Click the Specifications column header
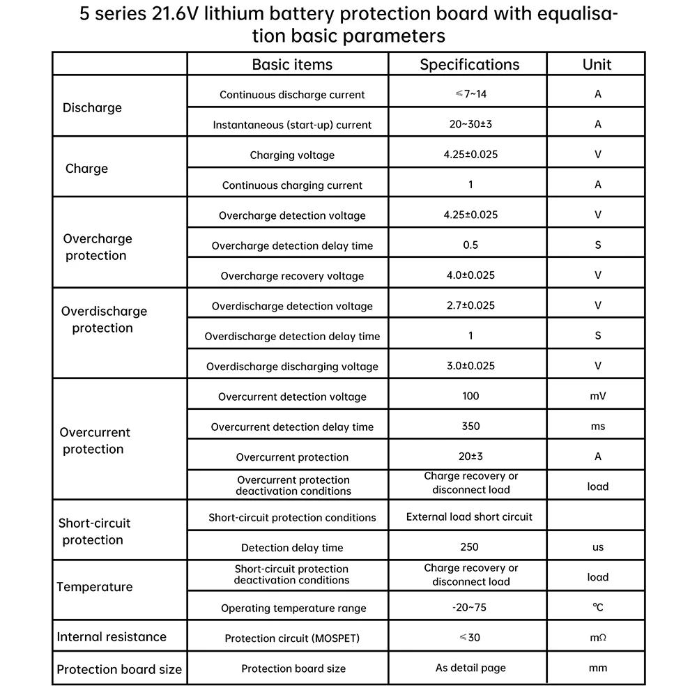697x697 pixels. click(x=469, y=65)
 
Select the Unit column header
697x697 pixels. click(x=597, y=65)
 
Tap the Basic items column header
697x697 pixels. click(x=292, y=65)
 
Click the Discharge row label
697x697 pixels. click(x=92, y=108)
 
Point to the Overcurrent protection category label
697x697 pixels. click(x=95, y=441)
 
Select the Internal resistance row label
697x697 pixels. click(x=112, y=636)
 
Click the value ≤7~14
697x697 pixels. click(x=470, y=94)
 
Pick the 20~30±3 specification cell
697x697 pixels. click(x=470, y=124)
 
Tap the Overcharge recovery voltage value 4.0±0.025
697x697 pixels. click(x=470, y=275)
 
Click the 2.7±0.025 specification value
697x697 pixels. click(x=470, y=305)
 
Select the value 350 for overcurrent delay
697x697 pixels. click(x=470, y=427)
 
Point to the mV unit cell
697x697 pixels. click(x=598, y=397)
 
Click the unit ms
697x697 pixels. click(x=598, y=427)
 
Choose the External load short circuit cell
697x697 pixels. click(x=469, y=517)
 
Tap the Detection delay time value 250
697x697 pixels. click(x=470, y=547)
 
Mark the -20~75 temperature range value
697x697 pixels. click(x=470, y=608)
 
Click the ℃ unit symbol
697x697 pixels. click(x=598, y=608)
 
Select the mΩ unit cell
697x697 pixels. click(x=598, y=638)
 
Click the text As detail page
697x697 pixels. click(x=470, y=668)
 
